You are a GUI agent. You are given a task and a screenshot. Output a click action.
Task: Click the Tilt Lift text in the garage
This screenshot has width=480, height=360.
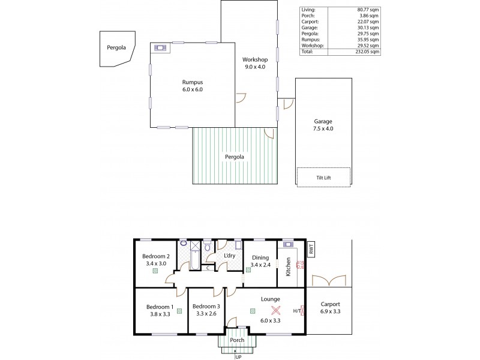pos(323,177)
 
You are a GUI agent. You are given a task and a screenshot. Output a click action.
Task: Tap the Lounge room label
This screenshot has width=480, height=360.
pos(270,299)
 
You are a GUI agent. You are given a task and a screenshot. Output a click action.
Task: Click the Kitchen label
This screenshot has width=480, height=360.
pos(288,266)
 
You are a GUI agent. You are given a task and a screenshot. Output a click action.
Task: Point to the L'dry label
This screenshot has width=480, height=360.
pos(229,256)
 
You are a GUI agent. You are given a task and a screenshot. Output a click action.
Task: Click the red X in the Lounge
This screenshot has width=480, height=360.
pos(276,310)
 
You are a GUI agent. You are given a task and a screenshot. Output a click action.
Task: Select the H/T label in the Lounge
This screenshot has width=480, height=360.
pos(296,311)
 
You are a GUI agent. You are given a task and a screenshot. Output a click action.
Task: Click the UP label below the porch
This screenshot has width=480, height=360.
pos(238,356)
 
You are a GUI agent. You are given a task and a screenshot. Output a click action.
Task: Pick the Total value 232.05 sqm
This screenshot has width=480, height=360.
pos(367,52)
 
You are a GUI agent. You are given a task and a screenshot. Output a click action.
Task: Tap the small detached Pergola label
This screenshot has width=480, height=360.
pos(117,46)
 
